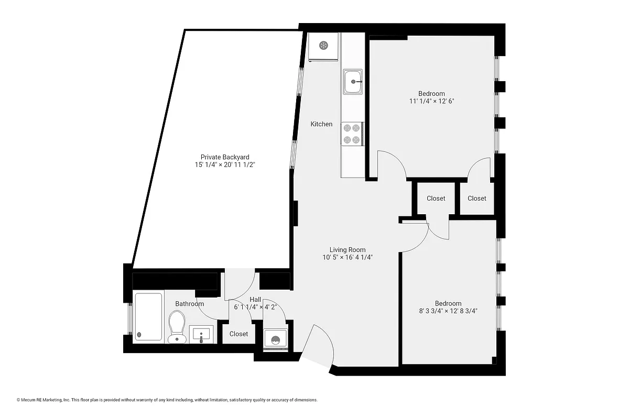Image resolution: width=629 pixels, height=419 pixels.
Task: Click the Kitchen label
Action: point(321,124)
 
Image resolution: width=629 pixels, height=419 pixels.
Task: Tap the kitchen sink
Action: point(353,82)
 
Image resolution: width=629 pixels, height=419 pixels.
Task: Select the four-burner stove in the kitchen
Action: point(352,134)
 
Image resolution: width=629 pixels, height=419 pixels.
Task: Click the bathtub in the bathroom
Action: point(148,316)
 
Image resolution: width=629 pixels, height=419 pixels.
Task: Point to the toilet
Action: point(177,326)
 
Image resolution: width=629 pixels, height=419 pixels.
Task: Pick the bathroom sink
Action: point(202,334)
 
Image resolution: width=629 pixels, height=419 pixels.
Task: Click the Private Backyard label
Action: point(225,157)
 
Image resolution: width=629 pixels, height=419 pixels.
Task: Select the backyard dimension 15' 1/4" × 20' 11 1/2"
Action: point(225,165)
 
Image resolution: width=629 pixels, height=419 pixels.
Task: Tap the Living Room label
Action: point(348,250)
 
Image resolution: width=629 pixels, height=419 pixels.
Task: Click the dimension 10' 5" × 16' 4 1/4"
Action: point(348,257)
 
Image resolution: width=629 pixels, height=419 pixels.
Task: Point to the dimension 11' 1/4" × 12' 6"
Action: point(431,101)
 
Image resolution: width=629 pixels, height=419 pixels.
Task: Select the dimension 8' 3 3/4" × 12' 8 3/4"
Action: point(448,311)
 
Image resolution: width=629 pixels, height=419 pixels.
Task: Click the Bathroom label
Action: point(189,304)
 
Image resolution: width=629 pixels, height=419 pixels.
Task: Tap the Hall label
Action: point(255,300)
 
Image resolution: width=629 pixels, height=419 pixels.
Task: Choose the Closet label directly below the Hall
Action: point(238,334)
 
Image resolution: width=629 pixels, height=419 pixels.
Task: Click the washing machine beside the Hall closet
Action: point(275,339)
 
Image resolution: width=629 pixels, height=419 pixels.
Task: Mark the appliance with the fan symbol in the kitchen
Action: point(323,46)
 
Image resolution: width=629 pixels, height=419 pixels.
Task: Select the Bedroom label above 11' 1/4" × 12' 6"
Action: point(431,94)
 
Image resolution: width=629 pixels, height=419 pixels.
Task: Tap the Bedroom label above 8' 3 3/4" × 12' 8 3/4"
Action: point(448,303)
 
